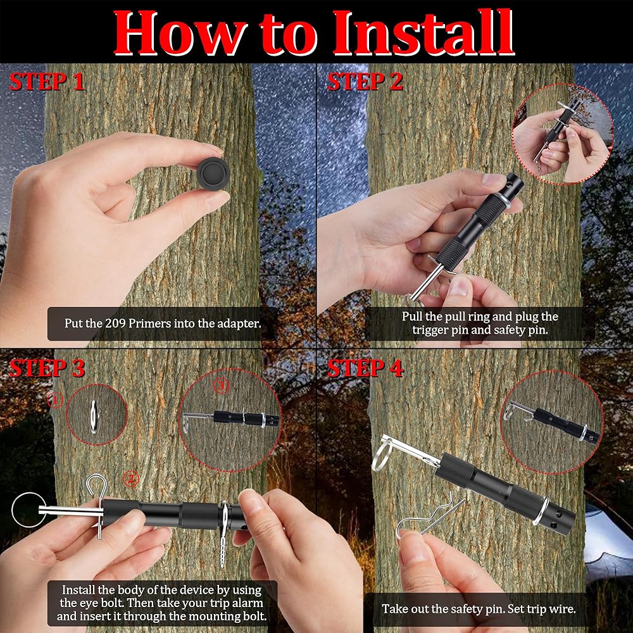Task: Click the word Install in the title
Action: tap(423, 32)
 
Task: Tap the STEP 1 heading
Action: tap(47, 82)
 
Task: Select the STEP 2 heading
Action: tap(365, 82)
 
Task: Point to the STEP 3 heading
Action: tap(47, 368)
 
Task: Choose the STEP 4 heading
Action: tap(365, 368)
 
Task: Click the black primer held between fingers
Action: tap(213, 173)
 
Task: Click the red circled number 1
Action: tap(55, 400)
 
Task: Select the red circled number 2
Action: tap(130, 479)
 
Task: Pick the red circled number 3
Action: tap(221, 386)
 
